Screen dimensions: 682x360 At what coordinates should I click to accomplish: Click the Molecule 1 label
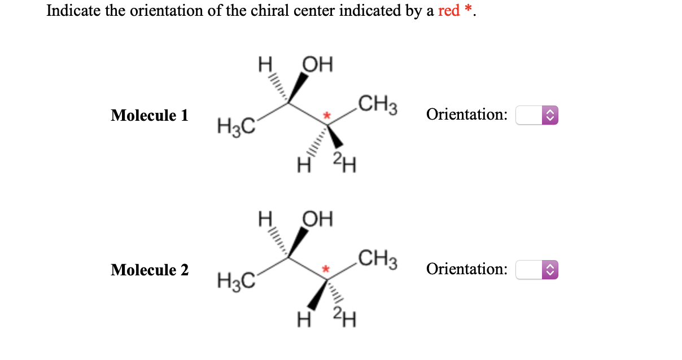(150, 116)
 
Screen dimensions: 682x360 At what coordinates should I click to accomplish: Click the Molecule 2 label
(150, 270)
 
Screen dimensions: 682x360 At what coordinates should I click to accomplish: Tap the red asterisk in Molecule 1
(326, 116)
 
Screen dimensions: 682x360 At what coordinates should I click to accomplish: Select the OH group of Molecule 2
(318, 218)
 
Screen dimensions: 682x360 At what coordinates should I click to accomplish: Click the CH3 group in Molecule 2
(379, 260)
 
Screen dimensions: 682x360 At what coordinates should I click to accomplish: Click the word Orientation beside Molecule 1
(466, 115)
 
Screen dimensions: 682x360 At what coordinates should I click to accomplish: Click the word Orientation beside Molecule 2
(466, 269)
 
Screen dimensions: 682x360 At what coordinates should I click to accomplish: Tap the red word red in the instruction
(449, 11)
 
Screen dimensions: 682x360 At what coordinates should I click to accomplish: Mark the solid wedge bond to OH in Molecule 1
(299, 87)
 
